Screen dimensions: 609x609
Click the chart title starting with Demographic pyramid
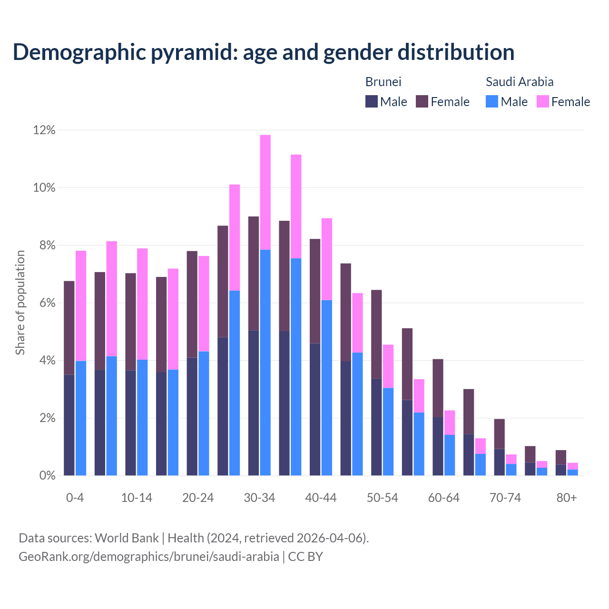(x=263, y=52)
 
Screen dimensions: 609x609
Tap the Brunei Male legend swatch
(x=372, y=101)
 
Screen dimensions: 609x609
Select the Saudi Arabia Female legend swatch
(x=542, y=101)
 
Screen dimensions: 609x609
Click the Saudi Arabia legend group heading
(x=520, y=82)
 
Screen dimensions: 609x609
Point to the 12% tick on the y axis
(x=44, y=130)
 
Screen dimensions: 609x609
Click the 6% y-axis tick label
(x=47, y=303)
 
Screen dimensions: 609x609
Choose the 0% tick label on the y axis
(x=47, y=476)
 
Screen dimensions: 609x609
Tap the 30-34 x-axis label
(x=259, y=498)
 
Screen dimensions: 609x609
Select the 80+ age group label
(x=567, y=498)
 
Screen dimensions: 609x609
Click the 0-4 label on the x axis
(x=75, y=498)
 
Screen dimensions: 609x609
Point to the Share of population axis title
(x=20, y=303)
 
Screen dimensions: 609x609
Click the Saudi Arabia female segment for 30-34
(x=265, y=192)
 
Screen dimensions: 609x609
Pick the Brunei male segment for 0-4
(x=69, y=425)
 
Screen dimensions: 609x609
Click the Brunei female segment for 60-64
(x=438, y=388)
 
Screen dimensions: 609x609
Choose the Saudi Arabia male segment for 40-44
(x=327, y=388)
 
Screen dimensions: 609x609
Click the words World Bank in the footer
(x=127, y=538)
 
